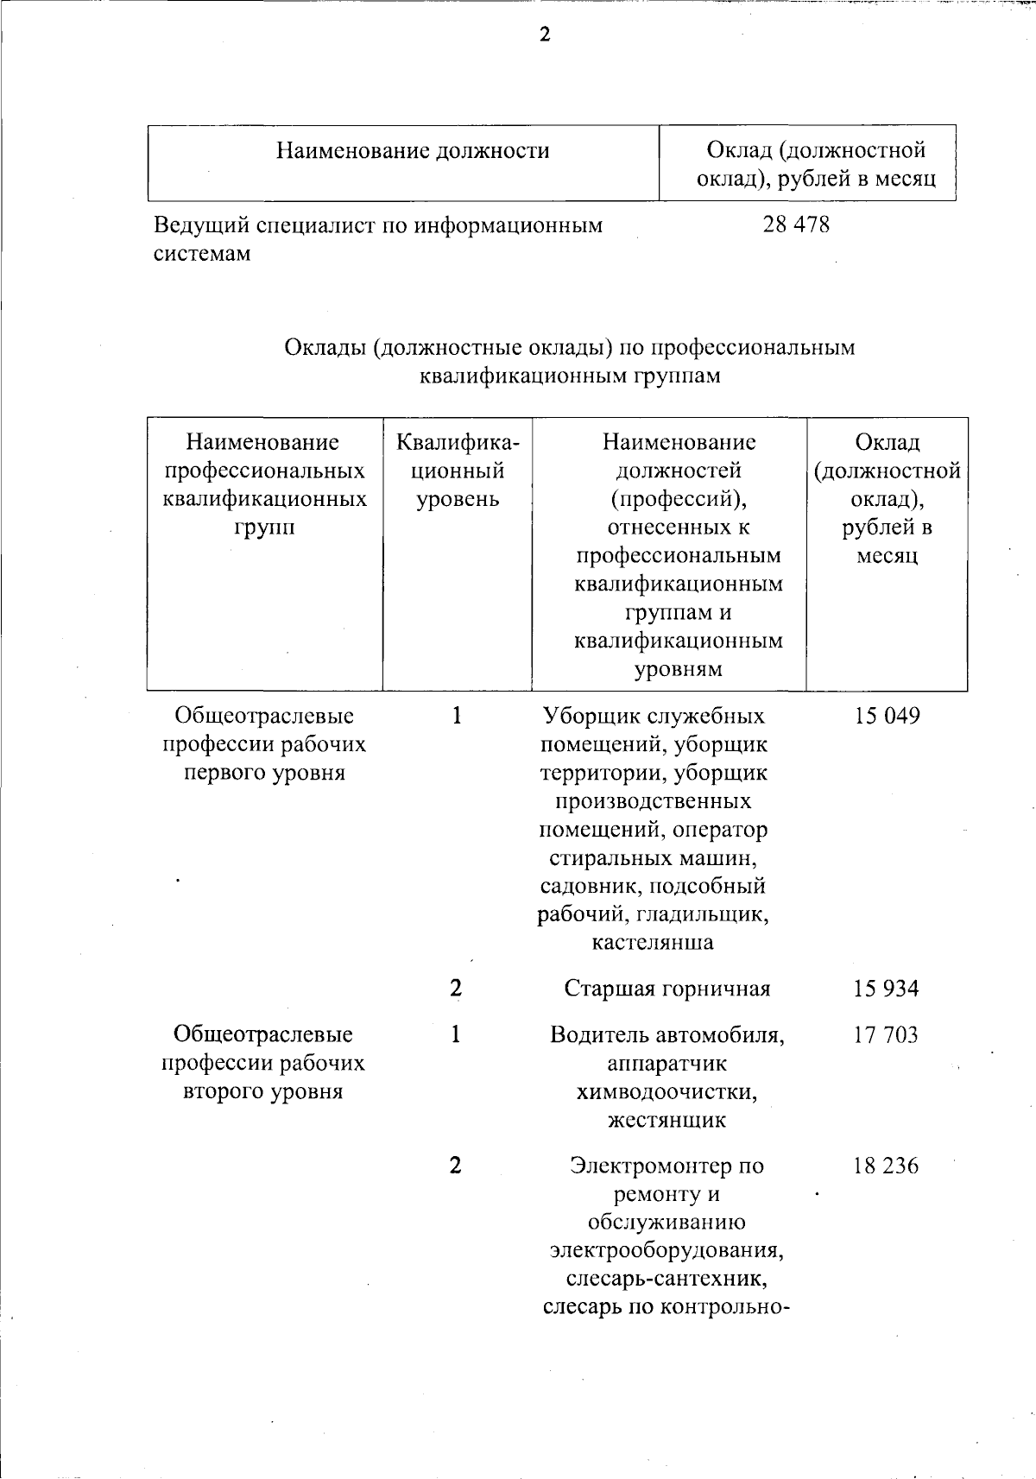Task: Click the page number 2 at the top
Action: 544,35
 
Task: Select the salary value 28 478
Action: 796,225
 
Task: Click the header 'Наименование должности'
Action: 413,151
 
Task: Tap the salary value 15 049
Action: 887,716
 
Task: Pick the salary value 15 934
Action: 887,989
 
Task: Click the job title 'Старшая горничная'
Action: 666,989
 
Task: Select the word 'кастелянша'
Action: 653,942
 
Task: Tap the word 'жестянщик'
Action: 666,1121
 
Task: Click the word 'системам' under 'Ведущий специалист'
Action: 202,254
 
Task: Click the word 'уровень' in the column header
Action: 458,499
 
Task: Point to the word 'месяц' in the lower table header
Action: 887,556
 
